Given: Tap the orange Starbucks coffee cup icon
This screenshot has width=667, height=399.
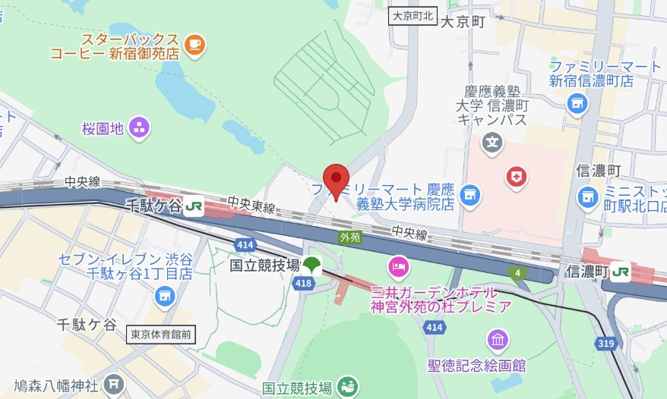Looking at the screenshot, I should pyautogui.click(x=195, y=43).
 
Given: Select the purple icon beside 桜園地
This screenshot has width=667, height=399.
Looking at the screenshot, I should pyautogui.click(x=139, y=128).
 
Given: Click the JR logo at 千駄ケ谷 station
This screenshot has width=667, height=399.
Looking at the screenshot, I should pyautogui.click(x=194, y=206).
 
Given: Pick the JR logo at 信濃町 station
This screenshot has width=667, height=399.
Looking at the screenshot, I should pyautogui.click(x=621, y=271).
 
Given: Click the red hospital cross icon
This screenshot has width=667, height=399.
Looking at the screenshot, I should pyautogui.click(x=517, y=178).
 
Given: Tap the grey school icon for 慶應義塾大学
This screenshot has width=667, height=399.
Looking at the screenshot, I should pyautogui.click(x=493, y=141).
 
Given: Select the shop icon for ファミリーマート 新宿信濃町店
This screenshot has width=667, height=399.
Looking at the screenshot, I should pyautogui.click(x=577, y=102).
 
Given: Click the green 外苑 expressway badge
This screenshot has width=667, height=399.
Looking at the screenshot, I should pyautogui.click(x=348, y=237).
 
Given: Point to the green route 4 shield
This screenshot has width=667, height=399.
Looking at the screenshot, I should pyautogui.click(x=519, y=272).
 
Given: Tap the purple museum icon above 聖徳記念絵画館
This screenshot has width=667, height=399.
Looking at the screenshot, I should pyautogui.click(x=498, y=339).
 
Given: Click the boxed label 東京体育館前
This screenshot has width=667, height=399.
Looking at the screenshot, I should pyautogui.click(x=161, y=333).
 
